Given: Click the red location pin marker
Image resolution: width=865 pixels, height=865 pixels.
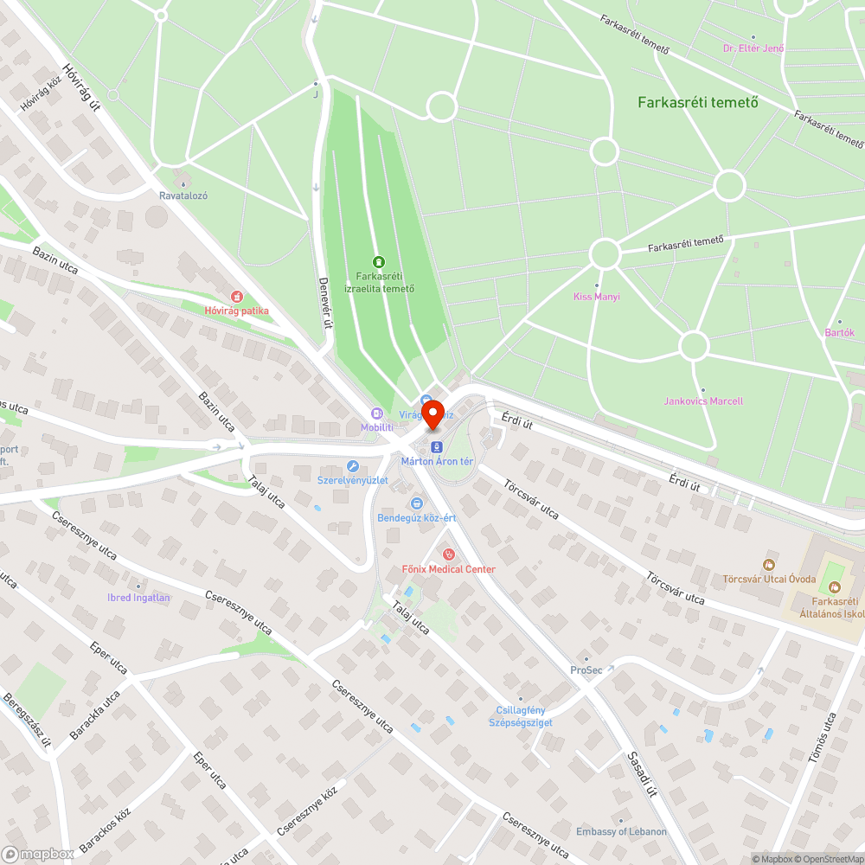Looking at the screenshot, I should (432, 413).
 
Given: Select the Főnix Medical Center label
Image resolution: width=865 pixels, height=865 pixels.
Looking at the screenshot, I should (449, 569).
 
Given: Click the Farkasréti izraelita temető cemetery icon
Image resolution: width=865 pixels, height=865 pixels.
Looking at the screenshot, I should (377, 261).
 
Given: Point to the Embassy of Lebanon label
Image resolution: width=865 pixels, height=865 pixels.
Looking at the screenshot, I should (622, 831).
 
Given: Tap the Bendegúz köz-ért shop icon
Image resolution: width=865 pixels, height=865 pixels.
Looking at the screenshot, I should (416, 503).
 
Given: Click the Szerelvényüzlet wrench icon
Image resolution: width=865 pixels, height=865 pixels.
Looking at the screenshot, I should (352, 465).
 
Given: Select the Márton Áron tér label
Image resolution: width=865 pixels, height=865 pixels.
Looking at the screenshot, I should (437, 461).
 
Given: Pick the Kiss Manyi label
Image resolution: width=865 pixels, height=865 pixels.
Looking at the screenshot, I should (597, 297).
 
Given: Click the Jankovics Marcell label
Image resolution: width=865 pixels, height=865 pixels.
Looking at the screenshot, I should (703, 401).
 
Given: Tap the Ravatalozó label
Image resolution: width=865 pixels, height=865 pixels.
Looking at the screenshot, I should (183, 195).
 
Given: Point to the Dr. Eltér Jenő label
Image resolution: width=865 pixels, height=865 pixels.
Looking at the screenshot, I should (753, 48).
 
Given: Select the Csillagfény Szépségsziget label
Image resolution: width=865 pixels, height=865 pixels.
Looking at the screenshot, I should (521, 716).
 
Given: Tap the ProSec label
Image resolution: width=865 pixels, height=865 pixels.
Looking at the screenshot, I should (586, 670).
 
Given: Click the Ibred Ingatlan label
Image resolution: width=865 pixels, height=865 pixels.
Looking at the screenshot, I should (138, 597).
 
